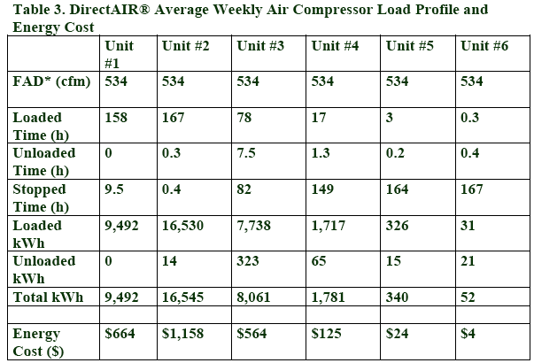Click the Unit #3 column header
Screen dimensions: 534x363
[x=260, y=46]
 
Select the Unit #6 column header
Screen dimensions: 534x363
[x=484, y=46]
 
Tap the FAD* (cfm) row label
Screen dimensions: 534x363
[x=51, y=81]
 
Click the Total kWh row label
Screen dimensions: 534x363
[x=48, y=297]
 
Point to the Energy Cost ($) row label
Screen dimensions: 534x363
[x=38, y=343]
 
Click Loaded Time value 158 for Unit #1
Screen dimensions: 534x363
[x=116, y=118]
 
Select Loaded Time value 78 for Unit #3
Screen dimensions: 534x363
[x=244, y=118]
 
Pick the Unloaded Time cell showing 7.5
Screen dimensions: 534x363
[x=246, y=153]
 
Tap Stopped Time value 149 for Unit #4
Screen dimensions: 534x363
[x=322, y=189]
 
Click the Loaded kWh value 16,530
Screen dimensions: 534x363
[x=182, y=226]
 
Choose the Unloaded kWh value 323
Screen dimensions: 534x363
[x=248, y=261]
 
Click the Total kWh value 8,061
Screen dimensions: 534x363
[x=253, y=297]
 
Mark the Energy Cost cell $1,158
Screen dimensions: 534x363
[x=182, y=334]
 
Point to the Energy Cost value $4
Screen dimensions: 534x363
[x=468, y=334]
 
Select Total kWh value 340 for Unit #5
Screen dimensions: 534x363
[x=397, y=297]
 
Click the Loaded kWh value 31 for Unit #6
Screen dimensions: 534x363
[x=468, y=226]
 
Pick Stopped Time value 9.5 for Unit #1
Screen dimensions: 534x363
[x=114, y=189]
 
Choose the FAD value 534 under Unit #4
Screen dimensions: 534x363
[x=322, y=81]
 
